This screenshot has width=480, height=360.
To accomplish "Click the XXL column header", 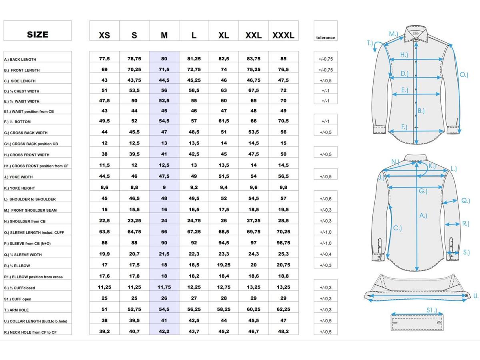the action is (254, 35).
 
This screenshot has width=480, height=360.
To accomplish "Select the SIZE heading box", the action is (37, 31).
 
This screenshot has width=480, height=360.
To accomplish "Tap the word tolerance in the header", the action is (325, 38).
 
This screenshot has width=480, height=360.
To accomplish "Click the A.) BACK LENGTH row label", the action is (20, 60).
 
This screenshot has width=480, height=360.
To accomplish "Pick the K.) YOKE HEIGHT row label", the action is (20, 188).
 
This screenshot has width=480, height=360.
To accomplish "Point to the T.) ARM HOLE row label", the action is (16, 310).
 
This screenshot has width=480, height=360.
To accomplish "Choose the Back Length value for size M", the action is (164, 58).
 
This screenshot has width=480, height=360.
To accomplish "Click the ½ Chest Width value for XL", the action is (224, 90).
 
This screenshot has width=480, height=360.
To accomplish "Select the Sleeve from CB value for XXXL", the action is (284, 243).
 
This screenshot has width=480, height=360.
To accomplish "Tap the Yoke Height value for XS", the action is (104, 187).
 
